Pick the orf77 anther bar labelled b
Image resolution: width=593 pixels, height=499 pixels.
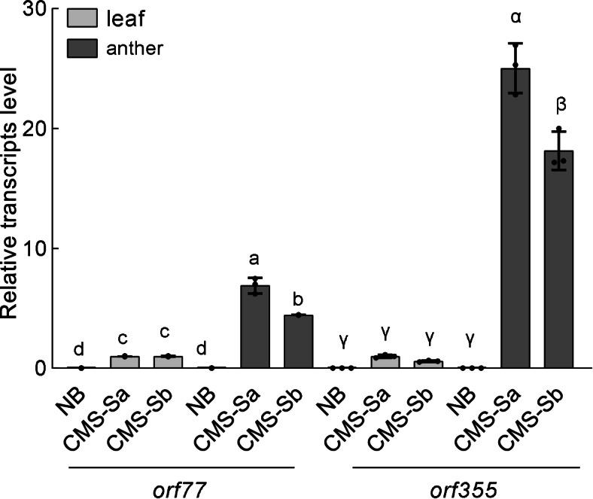click(298, 342)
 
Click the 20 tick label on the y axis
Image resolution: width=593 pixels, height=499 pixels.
click(35, 129)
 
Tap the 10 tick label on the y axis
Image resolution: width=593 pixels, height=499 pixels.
click(35, 248)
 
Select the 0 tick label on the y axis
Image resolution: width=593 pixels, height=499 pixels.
click(42, 368)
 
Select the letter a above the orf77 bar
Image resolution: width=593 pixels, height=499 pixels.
click(254, 259)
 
